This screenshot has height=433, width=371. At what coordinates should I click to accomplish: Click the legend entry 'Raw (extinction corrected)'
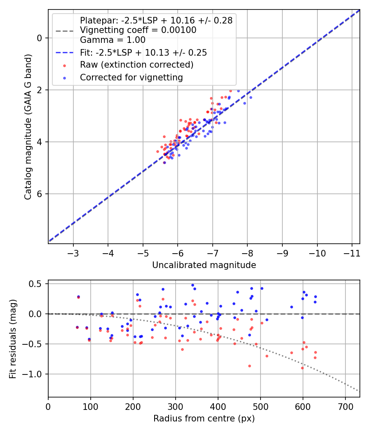(136, 65)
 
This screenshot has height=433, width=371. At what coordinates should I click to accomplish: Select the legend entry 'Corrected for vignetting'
(131, 77)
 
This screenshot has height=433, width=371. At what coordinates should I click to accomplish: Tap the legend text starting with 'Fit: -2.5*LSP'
(143, 52)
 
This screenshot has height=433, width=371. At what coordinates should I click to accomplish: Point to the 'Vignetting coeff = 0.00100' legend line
(138, 30)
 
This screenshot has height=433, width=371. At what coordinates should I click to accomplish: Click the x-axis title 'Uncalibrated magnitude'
(204, 265)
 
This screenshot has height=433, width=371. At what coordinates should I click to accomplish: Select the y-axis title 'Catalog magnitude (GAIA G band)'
(28, 126)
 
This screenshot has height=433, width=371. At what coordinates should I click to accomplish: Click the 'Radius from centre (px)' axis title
(204, 419)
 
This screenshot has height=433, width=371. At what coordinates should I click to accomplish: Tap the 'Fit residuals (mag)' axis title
(13, 339)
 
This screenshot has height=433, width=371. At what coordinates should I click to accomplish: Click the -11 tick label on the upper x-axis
(352, 252)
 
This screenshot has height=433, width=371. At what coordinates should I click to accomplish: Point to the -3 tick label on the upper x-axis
(73, 252)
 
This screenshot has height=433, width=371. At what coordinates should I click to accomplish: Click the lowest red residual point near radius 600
(302, 368)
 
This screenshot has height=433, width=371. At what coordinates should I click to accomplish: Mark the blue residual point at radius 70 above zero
(78, 297)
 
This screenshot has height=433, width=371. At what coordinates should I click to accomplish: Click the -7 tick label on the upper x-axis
(213, 252)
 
